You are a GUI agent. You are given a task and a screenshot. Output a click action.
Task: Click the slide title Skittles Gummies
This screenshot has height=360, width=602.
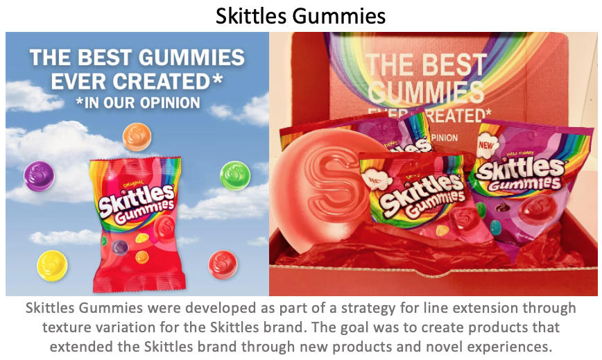tap(300, 16)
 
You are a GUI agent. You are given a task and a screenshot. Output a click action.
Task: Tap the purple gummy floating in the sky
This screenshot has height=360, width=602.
tap(39, 176)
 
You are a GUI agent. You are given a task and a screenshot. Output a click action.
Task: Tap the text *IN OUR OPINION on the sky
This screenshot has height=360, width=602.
tap(137, 103)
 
